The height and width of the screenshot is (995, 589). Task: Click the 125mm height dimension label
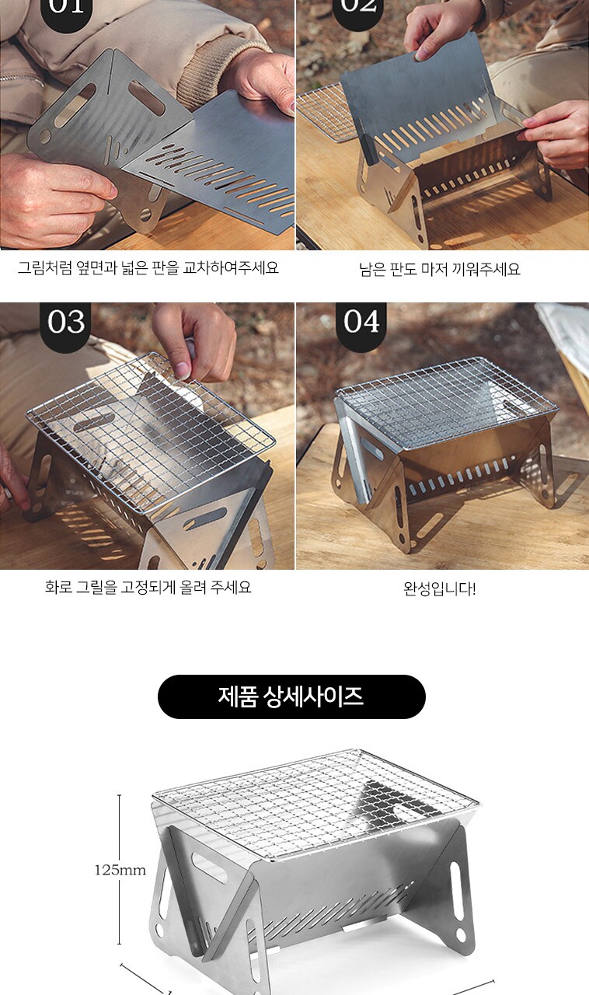coord(120,869)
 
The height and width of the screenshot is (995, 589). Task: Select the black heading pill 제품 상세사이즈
coord(291,696)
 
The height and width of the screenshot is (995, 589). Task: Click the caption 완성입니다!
coord(439,589)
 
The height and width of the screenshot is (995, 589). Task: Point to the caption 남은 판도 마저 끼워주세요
coord(439,269)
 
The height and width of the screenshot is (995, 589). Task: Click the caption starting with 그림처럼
coord(148,268)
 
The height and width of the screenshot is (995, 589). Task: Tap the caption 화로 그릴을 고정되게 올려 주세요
coord(148,587)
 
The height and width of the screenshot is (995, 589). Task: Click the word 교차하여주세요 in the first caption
coord(231,268)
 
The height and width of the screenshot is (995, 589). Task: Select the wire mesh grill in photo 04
coord(444,400)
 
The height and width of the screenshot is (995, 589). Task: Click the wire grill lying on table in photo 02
coord(326,111)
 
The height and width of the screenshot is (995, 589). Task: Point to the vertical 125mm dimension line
coord(119,869)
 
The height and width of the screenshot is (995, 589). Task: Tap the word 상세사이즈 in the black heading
coord(314,696)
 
